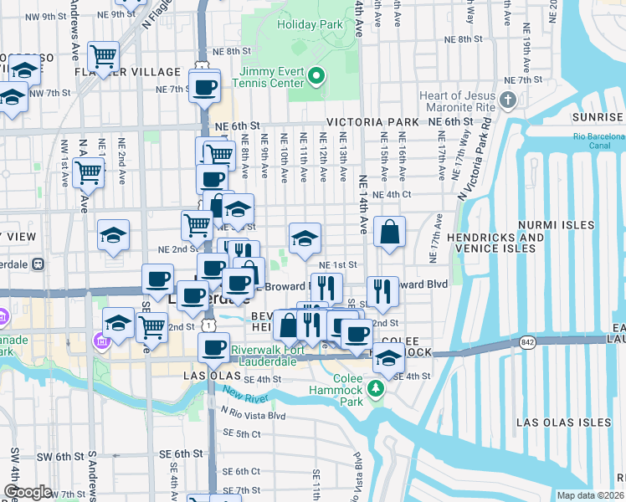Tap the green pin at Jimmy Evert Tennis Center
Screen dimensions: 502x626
pos(316,79)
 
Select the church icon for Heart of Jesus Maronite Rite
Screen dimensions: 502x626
pos(508,102)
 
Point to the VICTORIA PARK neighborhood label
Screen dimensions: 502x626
pos(372,122)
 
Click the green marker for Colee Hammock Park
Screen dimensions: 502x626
pos(377,387)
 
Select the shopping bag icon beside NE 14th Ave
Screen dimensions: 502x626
pos(389,232)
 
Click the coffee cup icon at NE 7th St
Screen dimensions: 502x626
pos(204,86)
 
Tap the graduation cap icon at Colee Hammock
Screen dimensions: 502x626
pos(387,359)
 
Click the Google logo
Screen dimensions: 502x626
pos(28,491)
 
